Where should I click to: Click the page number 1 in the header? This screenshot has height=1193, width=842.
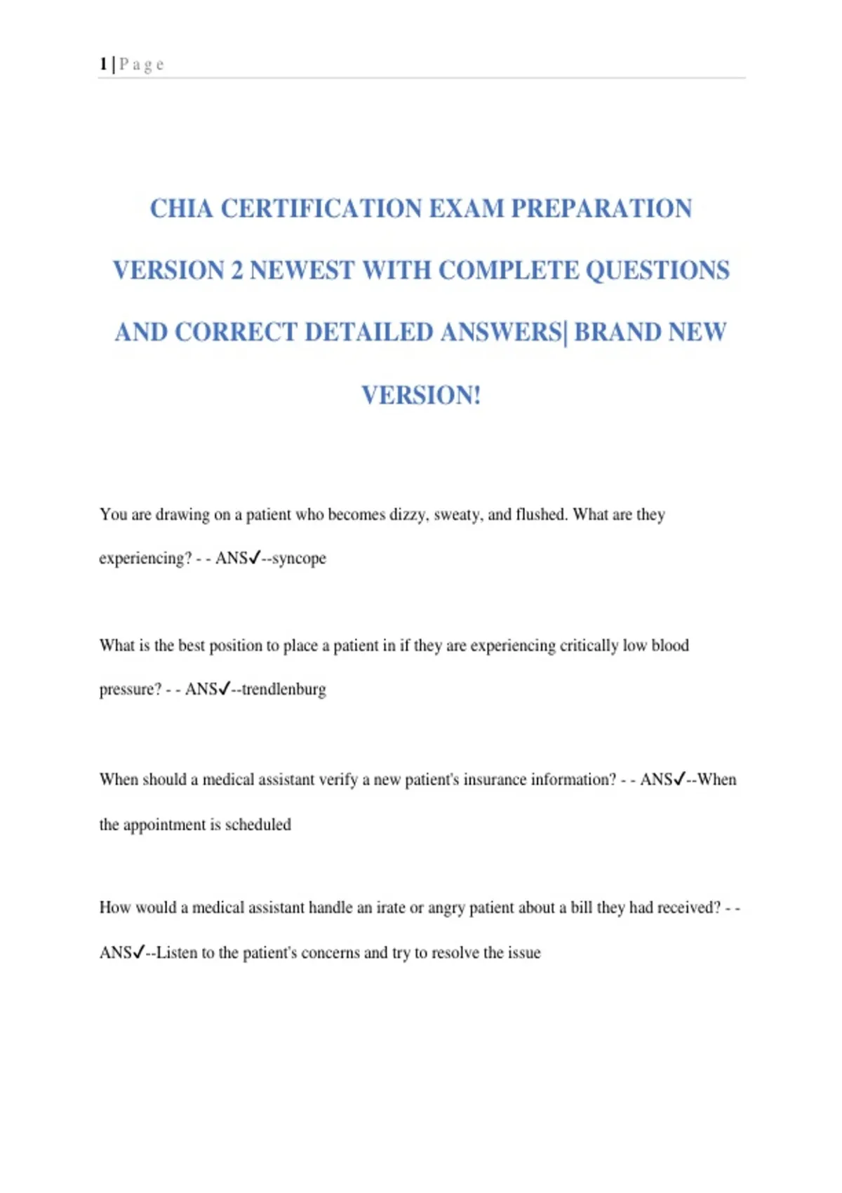click(103, 65)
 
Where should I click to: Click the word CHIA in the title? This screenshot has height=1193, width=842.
click(181, 208)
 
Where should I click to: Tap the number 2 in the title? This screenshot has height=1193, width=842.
click(237, 270)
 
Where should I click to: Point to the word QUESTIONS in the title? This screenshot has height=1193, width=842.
click(657, 270)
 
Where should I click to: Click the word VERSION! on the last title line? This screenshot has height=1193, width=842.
click(421, 395)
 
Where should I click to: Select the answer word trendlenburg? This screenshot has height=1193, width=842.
click(283, 689)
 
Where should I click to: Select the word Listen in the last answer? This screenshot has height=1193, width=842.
click(176, 953)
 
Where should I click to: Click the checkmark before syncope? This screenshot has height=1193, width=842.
click(255, 557)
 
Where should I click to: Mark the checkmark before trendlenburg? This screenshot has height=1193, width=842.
click(225, 688)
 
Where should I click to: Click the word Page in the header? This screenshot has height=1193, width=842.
click(142, 65)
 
